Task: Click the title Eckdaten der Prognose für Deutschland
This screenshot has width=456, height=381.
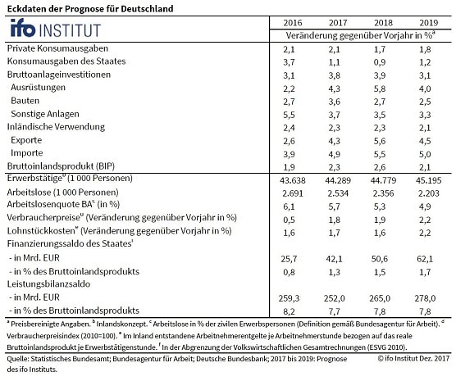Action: [x=92, y=7]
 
